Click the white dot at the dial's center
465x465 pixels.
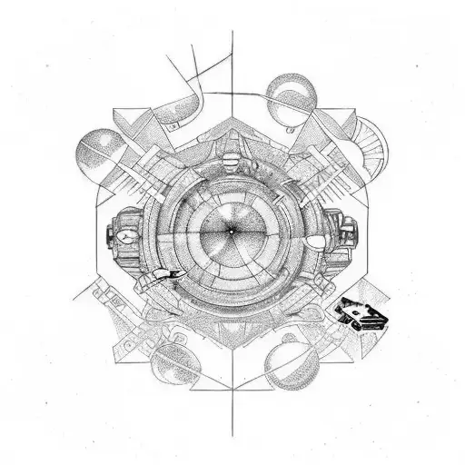point(231,232)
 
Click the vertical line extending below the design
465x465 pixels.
point(232,409)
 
